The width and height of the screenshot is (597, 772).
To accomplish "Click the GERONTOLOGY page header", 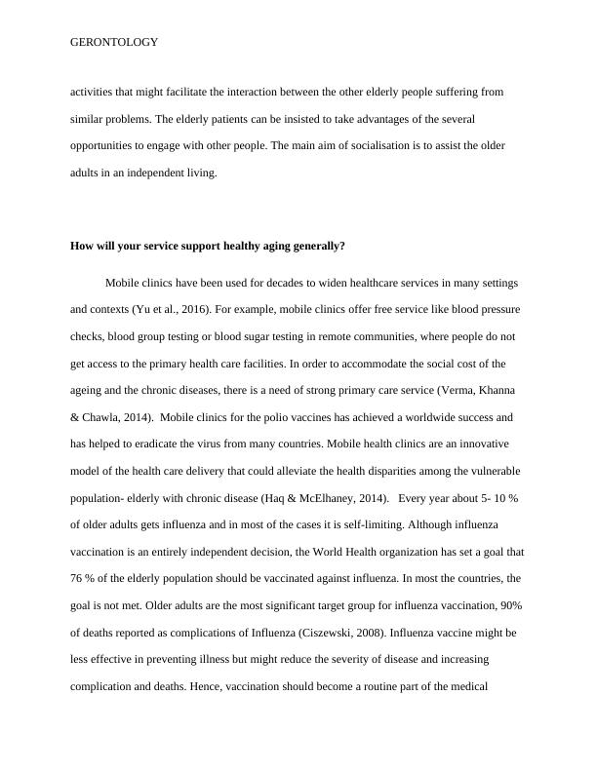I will [x=115, y=43].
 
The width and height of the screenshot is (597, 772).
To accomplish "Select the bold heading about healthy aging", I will [x=208, y=247].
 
